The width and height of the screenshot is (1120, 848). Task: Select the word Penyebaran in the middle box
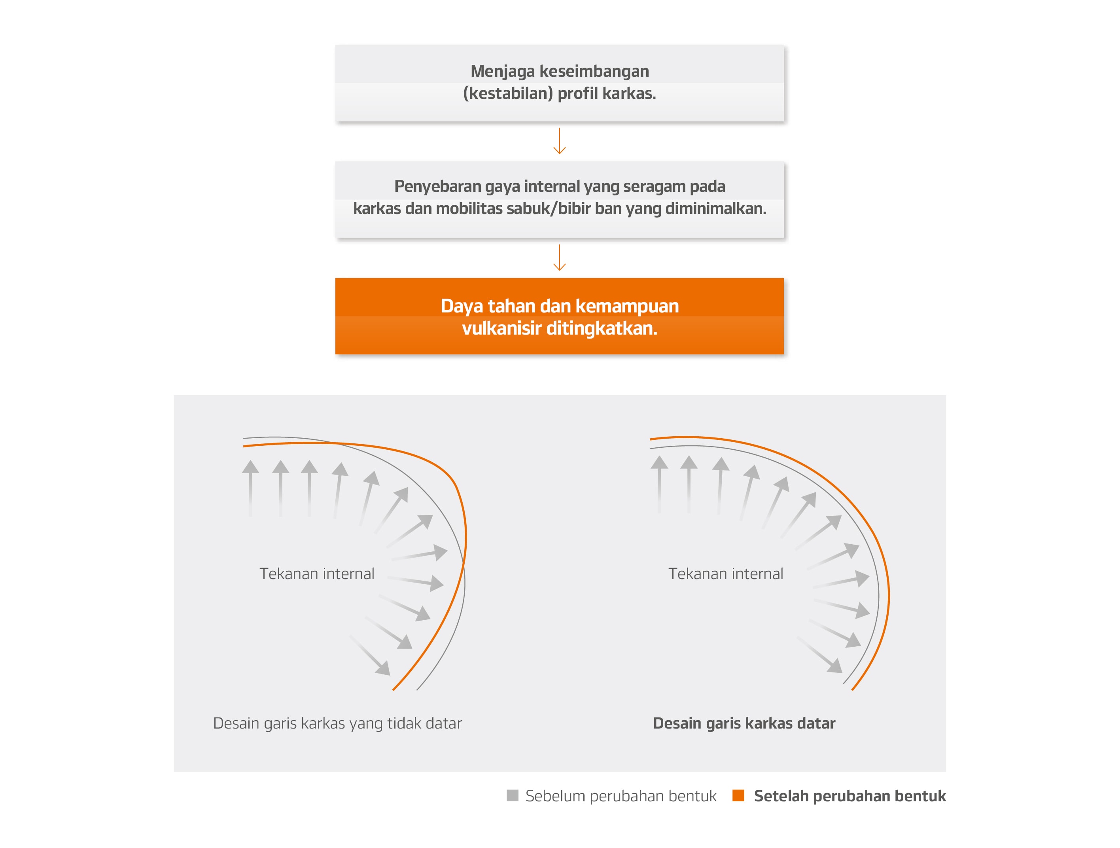(x=437, y=186)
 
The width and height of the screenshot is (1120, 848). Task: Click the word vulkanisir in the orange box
(x=501, y=329)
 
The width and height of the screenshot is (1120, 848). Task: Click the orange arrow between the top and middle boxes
(x=560, y=142)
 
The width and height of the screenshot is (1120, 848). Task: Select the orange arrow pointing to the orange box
(x=560, y=258)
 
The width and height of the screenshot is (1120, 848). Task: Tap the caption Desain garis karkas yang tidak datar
(x=337, y=723)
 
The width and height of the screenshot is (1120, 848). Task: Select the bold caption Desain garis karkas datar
(x=744, y=723)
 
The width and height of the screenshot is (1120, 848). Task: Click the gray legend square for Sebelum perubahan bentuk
(x=513, y=795)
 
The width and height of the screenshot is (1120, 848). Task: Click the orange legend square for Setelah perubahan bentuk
(x=738, y=795)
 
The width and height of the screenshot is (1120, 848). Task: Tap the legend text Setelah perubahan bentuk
(x=849, y=796)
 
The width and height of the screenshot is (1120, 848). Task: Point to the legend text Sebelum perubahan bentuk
(x=621, y=796)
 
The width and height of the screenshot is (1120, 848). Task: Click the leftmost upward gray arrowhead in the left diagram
(x=250, y=467)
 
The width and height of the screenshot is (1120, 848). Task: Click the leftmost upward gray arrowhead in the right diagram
(x=659, y=463)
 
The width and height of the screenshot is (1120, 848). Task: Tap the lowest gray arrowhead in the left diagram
(x=384, y=669)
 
